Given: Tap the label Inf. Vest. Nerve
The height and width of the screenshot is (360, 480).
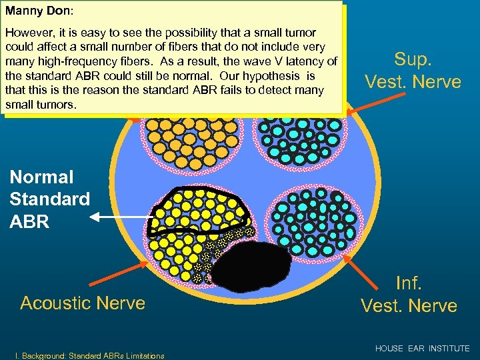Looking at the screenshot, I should click(x=409, y=294).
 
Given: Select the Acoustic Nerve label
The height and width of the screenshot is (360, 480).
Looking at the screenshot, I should click(x=83, y=303).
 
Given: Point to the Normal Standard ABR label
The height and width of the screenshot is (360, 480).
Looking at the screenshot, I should click(x=50, y=199).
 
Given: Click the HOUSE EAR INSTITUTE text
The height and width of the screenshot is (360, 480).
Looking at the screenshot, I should click(x=422, y=349).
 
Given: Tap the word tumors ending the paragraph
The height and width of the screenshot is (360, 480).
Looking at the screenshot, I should click(x=55, y=105).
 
